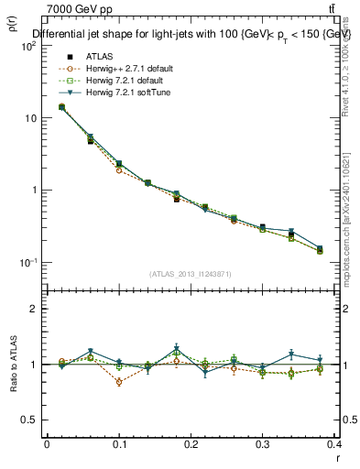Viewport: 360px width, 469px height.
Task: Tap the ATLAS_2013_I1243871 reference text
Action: coord(191,274)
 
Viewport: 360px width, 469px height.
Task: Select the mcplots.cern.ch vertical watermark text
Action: coord(352,211)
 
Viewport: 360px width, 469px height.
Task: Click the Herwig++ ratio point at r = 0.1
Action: coord(119,382)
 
